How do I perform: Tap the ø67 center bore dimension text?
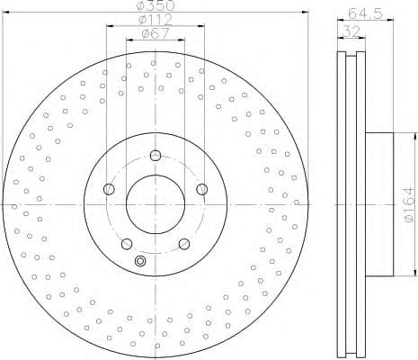[154, 36]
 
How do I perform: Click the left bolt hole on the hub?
[109, 188]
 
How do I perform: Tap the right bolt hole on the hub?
[200, 188]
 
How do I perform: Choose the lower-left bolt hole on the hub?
[127, 243]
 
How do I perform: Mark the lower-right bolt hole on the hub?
[183, 243]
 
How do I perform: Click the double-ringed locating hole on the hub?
[139, 262]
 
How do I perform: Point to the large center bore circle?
[155, 203]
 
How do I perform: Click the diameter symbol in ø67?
[144, 36]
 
